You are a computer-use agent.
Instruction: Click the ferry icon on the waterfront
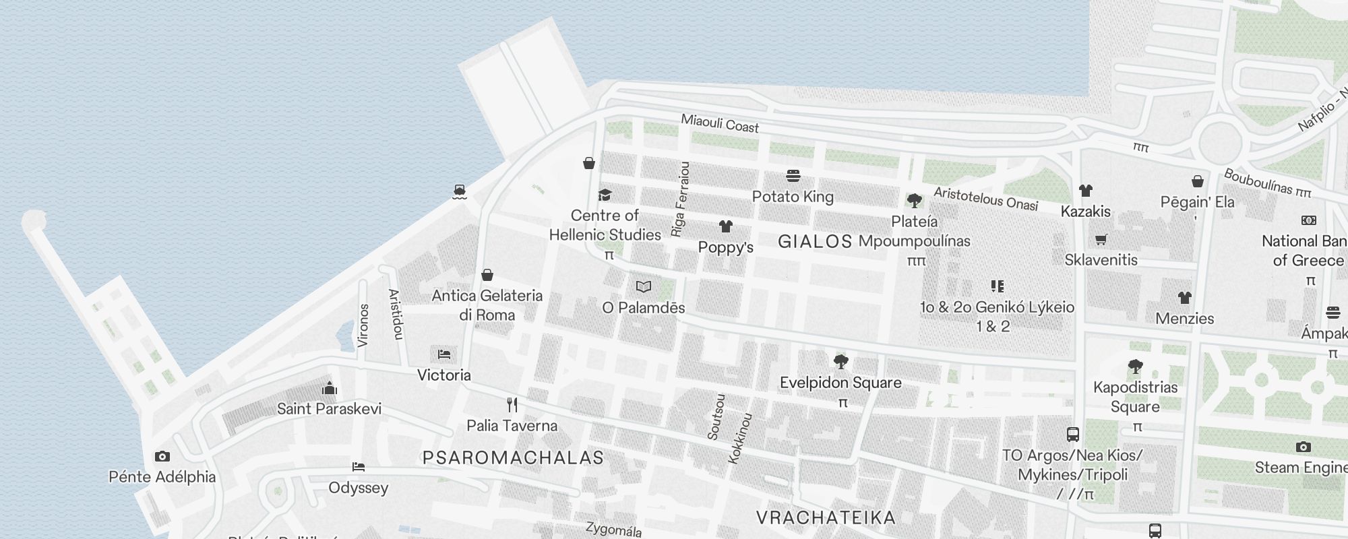[x=460, y=192]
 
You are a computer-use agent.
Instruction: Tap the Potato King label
[x=793, y=197]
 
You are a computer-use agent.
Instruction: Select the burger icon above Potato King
[x=793, y=177]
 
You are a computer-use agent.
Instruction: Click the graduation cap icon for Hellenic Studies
[x=605, y=195]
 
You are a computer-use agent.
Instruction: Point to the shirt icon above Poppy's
[x=725, y=226]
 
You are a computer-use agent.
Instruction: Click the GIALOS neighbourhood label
[x=815, y=242]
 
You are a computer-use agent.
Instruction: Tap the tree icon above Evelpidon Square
[x=840, y=362]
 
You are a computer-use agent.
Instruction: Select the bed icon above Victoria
[x=443, y=354]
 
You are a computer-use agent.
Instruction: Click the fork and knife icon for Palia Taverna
[x=512, y=405]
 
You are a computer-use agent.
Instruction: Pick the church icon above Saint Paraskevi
[x=330, y=388]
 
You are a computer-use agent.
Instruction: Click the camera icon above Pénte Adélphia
[x=162, y=457]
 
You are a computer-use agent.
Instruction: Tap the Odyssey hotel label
[x=359, y=488]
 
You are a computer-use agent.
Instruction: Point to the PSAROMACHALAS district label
[x=513, y=458]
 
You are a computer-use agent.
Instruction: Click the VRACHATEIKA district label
[x=826, y=517]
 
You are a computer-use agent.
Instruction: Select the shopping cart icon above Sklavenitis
[x=1101, y=240]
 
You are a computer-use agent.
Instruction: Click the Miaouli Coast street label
[x=720, y=123]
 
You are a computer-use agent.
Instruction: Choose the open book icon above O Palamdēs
[x=644, y=287]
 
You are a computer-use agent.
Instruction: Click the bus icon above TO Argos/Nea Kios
[x=1073, y=435]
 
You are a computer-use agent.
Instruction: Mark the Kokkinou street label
[x=740, y=438]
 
